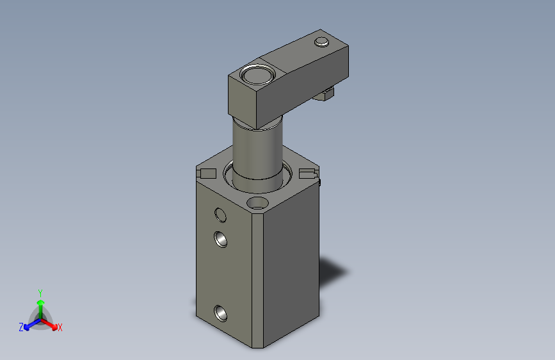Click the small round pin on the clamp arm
coord(322,42)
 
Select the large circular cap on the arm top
coord(257,75)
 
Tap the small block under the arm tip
coord(325,94)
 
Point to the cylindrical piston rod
coord(258,152)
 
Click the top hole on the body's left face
coord(220,215)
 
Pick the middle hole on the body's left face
coord(220,239)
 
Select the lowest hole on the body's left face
coord(220,313)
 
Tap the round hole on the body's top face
coord(257,204)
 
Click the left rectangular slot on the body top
coord(206,174)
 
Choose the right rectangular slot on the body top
coord(309,174)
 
